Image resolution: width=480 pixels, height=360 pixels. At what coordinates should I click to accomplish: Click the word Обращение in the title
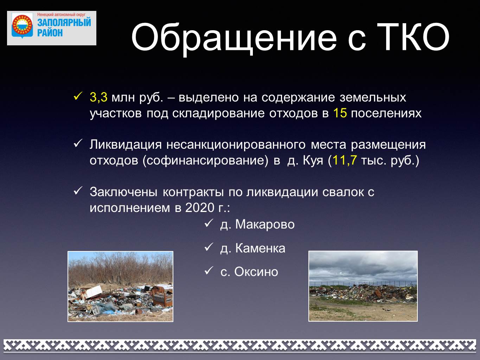pos(234,38)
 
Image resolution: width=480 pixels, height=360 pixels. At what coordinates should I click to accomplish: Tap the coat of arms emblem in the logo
pos(22,26)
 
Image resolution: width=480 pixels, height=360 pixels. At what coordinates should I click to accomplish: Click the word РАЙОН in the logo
pos(50,33)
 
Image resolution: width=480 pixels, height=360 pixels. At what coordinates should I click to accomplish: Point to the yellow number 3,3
pos(98,97)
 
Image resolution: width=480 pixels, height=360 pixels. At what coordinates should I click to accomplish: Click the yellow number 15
pos(340,113)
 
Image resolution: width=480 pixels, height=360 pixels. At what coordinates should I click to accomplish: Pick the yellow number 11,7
pos(344,160)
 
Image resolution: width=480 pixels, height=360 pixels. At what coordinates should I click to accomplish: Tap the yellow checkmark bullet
pos(78,96)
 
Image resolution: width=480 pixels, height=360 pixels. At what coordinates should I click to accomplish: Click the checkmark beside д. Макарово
pos(209,223)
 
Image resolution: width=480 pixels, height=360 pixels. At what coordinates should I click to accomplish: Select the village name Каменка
pos(260,248)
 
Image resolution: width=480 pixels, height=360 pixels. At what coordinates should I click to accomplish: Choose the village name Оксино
pos(256,272)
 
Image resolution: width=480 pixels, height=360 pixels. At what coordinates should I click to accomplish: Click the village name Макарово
pos(265,225)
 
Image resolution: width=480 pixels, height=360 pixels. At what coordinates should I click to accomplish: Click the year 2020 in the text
pos(199,208)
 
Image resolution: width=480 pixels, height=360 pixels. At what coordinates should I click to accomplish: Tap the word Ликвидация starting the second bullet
pos(126,145)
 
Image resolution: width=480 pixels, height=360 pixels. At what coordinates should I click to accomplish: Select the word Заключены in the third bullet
pos(123,192)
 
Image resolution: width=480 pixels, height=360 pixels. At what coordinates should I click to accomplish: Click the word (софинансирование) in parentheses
pos(205,161)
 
